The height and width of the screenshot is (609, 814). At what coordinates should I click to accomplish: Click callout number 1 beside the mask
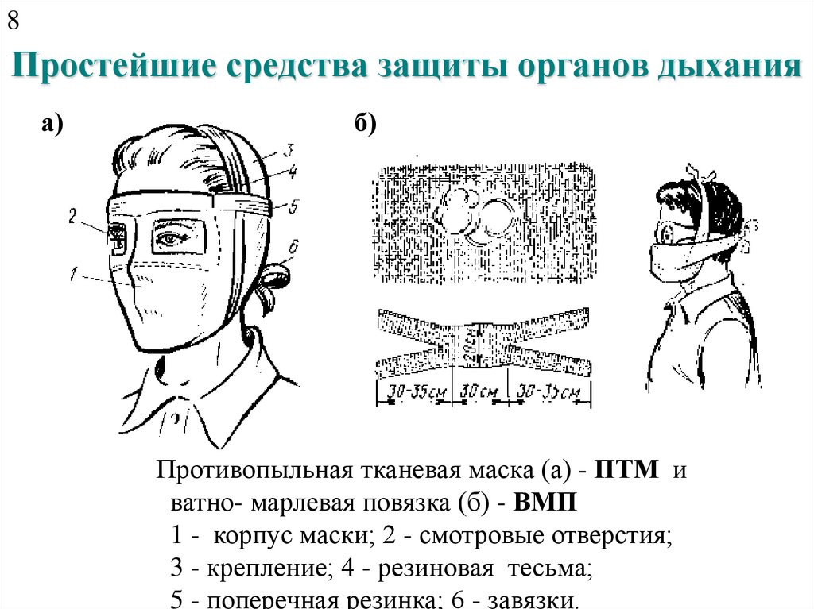coord(73,276)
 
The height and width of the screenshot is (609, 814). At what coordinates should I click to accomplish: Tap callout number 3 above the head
coord(289,149)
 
